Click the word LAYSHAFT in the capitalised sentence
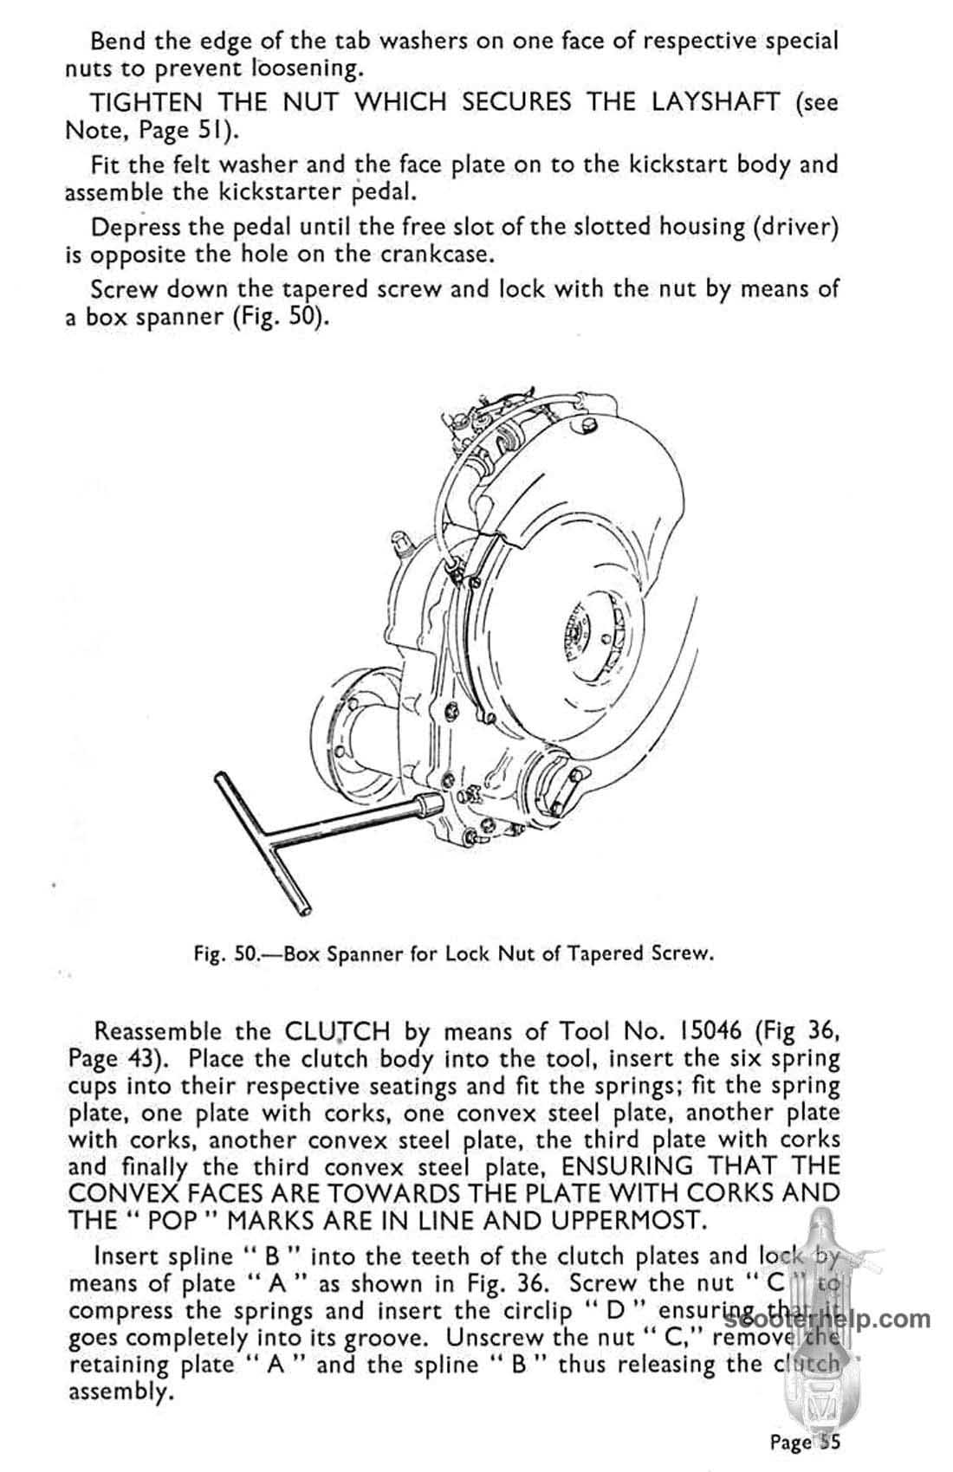coord(681,103)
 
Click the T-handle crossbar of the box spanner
coord(260,844)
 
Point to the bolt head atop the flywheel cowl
coord(592,426)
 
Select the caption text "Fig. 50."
coord(226,954)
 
